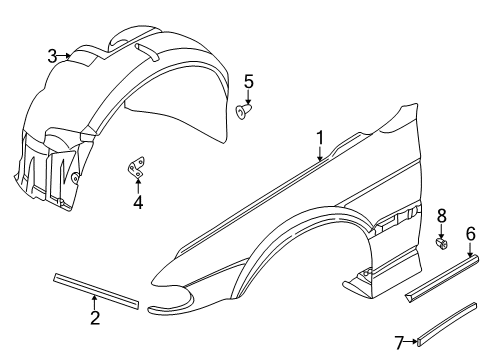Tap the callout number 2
pyautogui.click(x=95, y=318)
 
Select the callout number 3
pyautogui.click(x=52, y=56)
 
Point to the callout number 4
pyautogui.click(x=138, y=203)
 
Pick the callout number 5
pyautogui.click(x=249, y=81)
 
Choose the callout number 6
pyautogui.click(x=470, y=235)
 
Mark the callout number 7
pyautogui.click(x=399, y=343)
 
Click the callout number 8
pyautogui.click(x=441, y=215)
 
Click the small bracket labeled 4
pyautogui.click(x=136, y=170)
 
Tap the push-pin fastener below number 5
pyautogui.click(x=245, y=113)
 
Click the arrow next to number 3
pyautogui.click(x=67, y=56)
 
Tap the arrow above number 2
pyautogui.click(x=95, y=300)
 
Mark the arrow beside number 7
pyautogui.click(x=412, y=343)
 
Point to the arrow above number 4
pyautogui.click(x=138, y=187)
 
